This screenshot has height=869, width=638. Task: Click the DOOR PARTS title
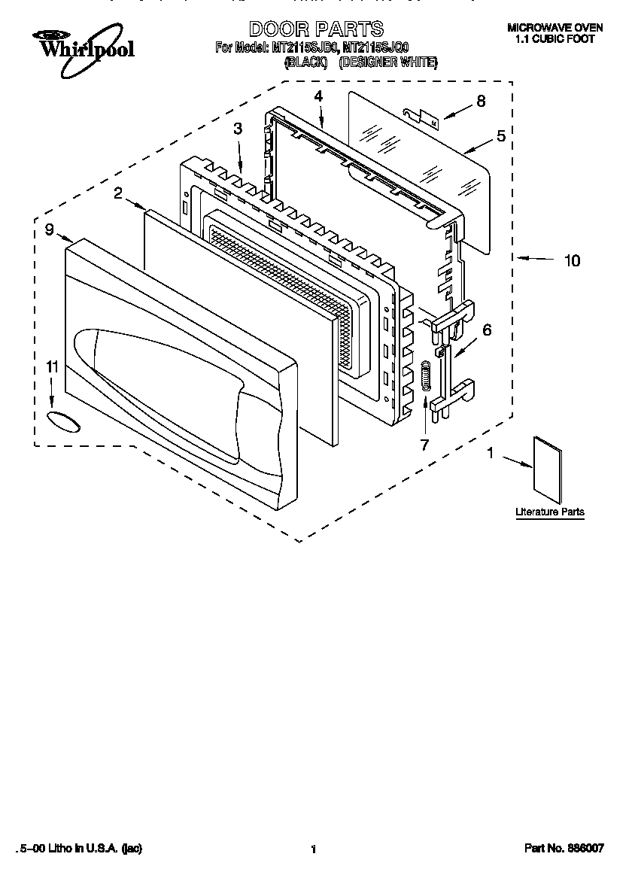point(315,29)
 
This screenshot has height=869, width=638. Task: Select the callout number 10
point(572,260)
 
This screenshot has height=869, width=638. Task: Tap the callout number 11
point(51,367)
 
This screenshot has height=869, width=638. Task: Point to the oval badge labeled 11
point(62,421)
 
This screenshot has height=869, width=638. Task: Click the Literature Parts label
point(549,512)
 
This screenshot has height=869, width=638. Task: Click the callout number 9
point(49,230)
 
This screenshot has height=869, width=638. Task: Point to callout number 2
point(118,193)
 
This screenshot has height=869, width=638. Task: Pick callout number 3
point(238,129)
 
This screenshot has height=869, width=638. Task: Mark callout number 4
point(318,96)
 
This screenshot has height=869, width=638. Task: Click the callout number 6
point(487,330)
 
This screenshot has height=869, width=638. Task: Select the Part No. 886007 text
point(564,849)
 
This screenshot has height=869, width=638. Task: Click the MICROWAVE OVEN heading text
point(555,28)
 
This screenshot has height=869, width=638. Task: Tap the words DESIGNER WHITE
point(387,63)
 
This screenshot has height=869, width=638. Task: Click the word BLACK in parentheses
point(305,63)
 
